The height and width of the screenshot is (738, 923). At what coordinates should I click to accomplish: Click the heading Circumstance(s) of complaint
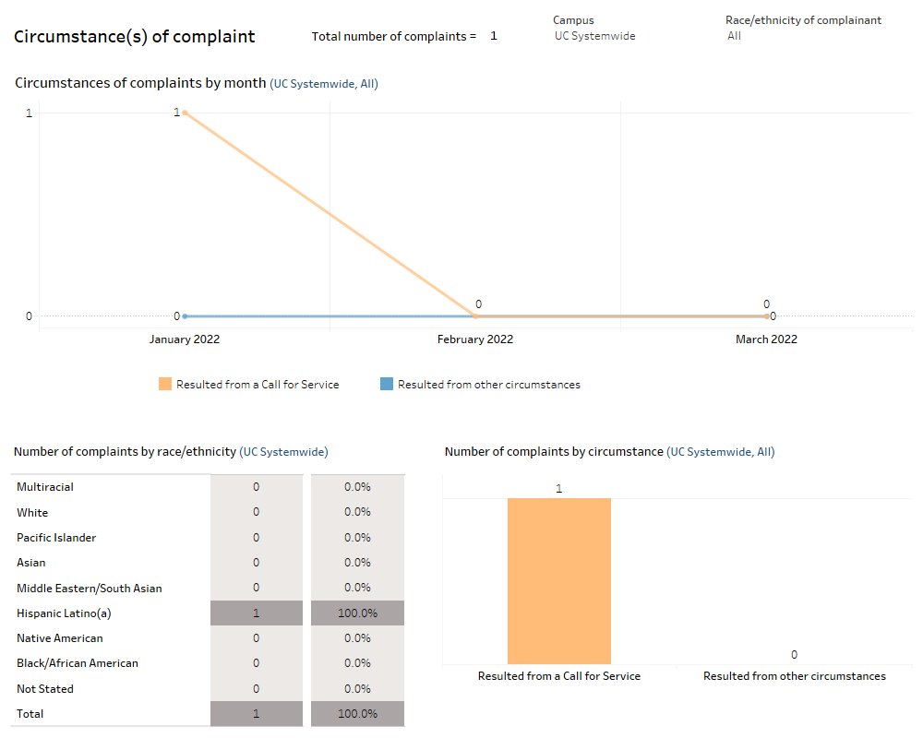pos(135,37)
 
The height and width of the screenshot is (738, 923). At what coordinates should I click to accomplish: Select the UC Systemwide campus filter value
pos(594,36)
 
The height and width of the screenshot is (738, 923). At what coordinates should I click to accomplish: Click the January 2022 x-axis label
pos(185,339)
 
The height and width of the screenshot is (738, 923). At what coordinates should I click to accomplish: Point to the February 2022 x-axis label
pos(475,339)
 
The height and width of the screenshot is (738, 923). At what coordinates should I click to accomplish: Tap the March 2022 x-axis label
pos(766,339)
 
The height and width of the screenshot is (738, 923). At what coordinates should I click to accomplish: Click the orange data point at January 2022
pos(185,113)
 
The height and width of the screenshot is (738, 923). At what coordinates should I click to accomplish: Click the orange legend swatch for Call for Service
pos(165,385)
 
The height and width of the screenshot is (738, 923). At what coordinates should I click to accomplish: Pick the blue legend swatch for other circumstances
pos(387,385)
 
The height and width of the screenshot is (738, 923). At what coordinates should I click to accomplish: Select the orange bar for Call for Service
pos(558,581)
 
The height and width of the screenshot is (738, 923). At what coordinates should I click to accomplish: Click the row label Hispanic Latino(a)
pos(64,613)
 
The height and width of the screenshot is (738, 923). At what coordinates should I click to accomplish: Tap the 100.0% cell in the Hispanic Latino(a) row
pos(357,613)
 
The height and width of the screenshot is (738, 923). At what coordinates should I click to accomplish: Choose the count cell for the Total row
pos(256,714)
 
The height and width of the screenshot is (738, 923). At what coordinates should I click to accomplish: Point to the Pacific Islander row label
pos(56,538)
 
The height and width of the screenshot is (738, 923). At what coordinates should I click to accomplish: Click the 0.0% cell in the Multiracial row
pos(357,487)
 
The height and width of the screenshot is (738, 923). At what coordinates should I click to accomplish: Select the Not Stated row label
pos(45,689)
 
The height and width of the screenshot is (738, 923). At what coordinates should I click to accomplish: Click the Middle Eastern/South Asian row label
pos(90,589)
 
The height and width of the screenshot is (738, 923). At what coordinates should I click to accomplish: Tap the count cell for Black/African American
pos(256,663)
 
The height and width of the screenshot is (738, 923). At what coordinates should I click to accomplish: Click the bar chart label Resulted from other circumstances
pos(794,676)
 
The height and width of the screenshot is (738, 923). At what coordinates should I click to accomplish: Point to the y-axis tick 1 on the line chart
pos(29,113)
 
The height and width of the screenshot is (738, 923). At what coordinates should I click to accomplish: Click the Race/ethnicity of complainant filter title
pos(803,20)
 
